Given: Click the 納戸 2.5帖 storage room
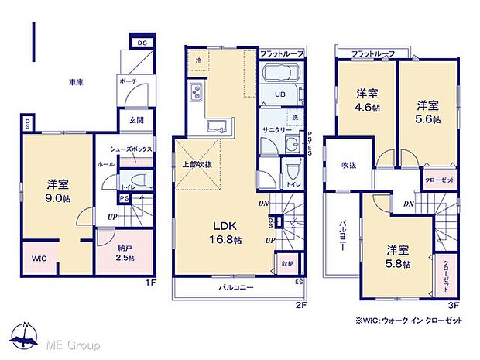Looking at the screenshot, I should pyautogui.click(x=115, y=252).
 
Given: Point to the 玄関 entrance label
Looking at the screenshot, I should pyautogui.click(x=135, y=120).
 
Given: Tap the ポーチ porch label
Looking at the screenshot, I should pyautogui.click(x=128, y=81).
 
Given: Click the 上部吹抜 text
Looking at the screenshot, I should pyautogui.click(x=197, y=163).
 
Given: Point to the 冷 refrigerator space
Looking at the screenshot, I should pyautogui.click(x=198, y=60).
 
